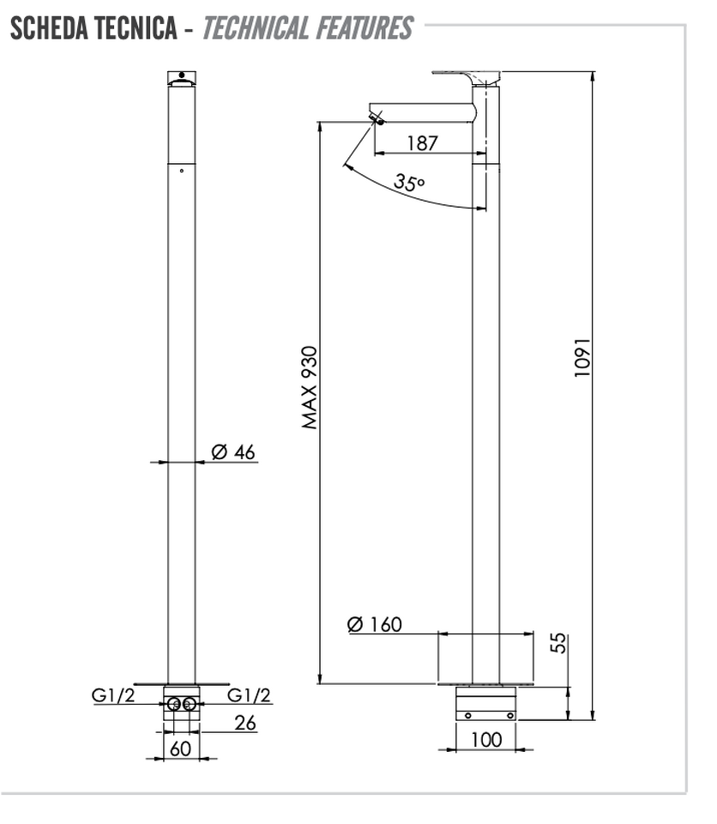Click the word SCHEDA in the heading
tap(51, 27)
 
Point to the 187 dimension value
tap(422, 142)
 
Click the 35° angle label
tap(409, 182)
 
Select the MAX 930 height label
tap(310, 387)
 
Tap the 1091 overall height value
tap(582, 357)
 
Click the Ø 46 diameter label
tap(233, 451)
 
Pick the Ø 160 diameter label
tap(375, 624)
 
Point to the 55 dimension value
tap(559, 643)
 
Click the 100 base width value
tap(486, 740)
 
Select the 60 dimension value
tap(180, 748)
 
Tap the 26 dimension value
tap(245, 723)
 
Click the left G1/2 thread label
tap(113, 695)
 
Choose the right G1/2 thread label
tap(249, 695)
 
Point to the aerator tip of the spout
tap(377, 118)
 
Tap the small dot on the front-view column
tap(182, 171)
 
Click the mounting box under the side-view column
tap(485, 703)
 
